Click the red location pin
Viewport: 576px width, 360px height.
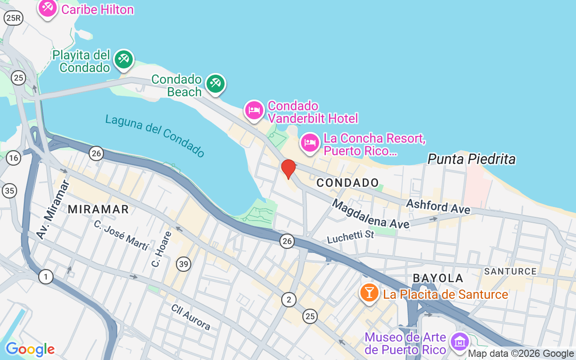pyautogui.click(x=288, y=169)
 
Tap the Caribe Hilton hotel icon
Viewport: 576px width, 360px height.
pyautogui.click(x=47, y=8)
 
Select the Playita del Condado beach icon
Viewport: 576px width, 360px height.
pyautogui.click(x=124, y=59)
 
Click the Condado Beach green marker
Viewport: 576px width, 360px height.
pyautogui.click(x=216, y=83)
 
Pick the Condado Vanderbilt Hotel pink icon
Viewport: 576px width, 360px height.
pyautogui.click(x=254, y=110)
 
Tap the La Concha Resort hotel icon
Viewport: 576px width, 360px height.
pyautogui.click(x=310, y=142)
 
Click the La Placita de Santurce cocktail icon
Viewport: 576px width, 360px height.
pyautogui.click(x=369, y=292)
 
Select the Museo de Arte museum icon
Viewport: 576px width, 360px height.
pyautogui.click(x=460, y=341)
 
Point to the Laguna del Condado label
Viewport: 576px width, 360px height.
pyautogui.click(x=155, y=135)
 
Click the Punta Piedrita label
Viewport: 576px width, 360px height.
pyautogui.click(x=471, y=159)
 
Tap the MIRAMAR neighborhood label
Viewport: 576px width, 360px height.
pyautogui.click(x=99, y=209)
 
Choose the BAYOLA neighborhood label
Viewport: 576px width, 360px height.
pyautogui.click(x=438, y=278)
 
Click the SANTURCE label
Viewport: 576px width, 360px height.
pyautogui.click(x=510, y=271)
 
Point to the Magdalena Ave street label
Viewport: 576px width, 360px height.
pyautogui.click(x=370, y=214)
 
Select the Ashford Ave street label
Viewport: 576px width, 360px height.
pyautogui.click(x=438, y=207)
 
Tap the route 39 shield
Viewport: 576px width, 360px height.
pyautogui.click(x=184, y=264)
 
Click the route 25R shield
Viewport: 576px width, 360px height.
pyautogui.click(x=13, y=18)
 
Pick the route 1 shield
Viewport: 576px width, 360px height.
pyautogui.click(x=45, y=276)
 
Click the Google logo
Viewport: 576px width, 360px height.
pyautogui.click(x=30, y=349)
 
